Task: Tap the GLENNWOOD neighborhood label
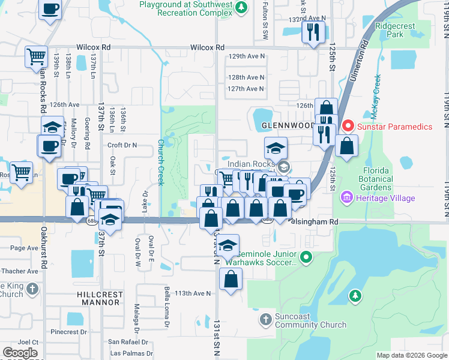(x=288, y=126)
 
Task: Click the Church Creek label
(x=161, y=163)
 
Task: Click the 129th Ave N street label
(x=246, y=56)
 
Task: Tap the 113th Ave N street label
(x=193, y=293)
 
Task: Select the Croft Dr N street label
(x=122, y=145)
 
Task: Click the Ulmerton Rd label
(x=364, y=54)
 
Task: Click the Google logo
(x=20, y=353)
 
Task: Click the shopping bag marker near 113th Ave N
(x=231, y=279)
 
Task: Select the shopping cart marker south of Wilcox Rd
(x=36, y=57)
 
